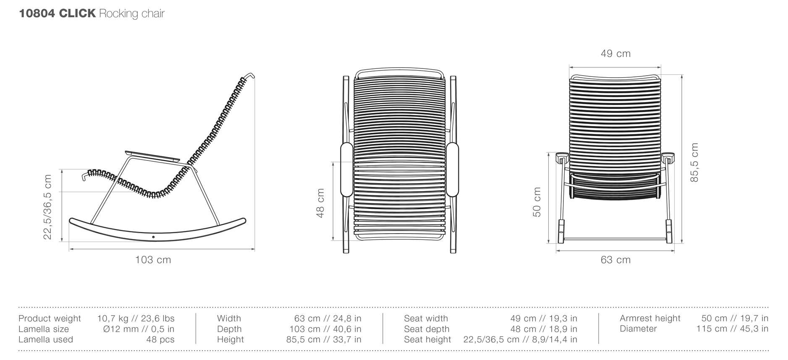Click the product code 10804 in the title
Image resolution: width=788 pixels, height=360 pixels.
(x=37, y=13)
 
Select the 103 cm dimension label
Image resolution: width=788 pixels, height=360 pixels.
(x=153, y=260)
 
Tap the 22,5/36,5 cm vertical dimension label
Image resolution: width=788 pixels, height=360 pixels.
(x=48, y=207)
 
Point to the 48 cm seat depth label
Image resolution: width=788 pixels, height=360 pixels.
(x=320, y=203)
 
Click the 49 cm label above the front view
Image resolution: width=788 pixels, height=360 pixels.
(x=615, y=54)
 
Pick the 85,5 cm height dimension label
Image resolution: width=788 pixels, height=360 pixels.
(x=694, y=163)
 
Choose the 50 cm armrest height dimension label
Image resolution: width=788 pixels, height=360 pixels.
(x=537, y=202)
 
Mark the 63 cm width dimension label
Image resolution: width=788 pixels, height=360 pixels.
(x=615, y=260)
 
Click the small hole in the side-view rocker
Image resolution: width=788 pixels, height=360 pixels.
(x=153, y=237)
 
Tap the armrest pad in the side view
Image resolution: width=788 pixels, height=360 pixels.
(x=152, y=155)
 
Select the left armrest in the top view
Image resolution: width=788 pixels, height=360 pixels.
(x=347, y=170)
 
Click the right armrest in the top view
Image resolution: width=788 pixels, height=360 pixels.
(x=452, y=170)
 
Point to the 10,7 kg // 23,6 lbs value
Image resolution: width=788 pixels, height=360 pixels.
(x=136, y=318)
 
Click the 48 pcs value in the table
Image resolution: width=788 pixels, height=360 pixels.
(x=160, y=339)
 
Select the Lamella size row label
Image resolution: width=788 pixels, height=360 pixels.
(x=44, y=329)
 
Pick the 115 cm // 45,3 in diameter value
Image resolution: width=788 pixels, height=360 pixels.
(x=732, y=329)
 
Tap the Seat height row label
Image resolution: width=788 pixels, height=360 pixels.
(x=427, y=339)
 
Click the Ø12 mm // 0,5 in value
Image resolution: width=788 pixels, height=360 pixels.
(x=139, y=329)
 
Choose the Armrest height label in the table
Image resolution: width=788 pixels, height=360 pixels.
(x=649, y=318)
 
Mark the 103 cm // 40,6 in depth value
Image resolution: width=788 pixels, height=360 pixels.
(x=325, y=329)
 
